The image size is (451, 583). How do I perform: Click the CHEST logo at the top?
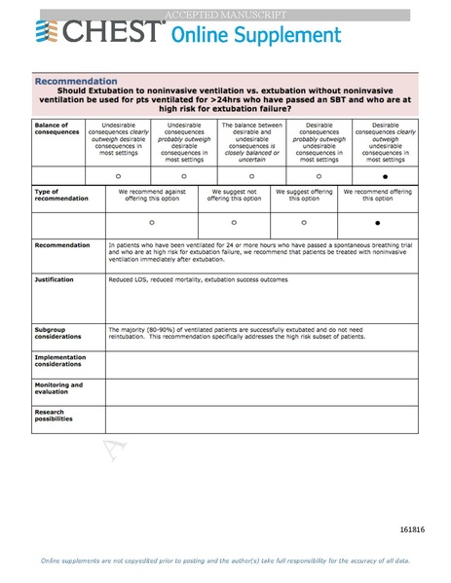click(x=97, y=32)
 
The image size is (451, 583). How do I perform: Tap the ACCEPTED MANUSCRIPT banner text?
click(x=225, y=15)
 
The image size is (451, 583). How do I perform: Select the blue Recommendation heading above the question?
click(x=76, y=81)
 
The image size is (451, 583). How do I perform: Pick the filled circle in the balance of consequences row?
click(x=386, y=176)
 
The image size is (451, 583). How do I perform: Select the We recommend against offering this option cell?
click(x=151, y=196)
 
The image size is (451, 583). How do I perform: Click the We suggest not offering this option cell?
click(x=234, y=196)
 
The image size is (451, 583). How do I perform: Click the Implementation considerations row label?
click(x=60, y=360)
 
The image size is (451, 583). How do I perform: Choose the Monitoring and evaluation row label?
click(x=58, y=387)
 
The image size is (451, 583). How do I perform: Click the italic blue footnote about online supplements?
click(x=225, y=561)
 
